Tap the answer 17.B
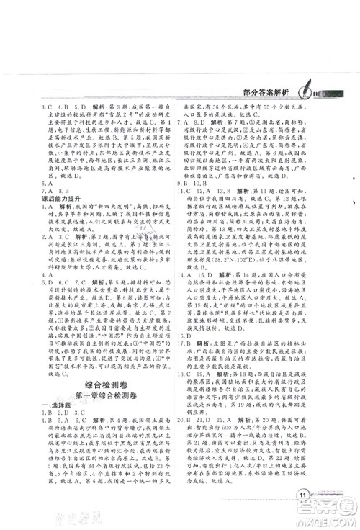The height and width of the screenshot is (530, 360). click(x=186, y=345)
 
